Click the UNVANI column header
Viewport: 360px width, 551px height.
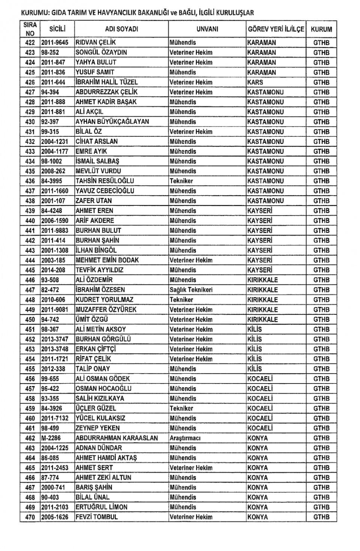tap(207, 29)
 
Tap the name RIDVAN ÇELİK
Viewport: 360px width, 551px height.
tap(96, 43)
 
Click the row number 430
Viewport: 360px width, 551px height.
tap(30, 122)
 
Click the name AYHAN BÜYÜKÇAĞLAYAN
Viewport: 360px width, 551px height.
tap(112, 122)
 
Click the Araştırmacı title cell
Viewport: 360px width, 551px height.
tap(185, 438)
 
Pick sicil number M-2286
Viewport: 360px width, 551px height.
tap(51, 438)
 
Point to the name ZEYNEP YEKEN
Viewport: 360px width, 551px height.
tap(97, 428)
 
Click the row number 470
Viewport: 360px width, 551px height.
tap(30, 517)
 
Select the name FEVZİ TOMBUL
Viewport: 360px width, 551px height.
tap(97, 517)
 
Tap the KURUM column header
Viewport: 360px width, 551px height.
tap(321, 29)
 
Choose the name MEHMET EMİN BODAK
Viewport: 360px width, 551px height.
tap(107, 260)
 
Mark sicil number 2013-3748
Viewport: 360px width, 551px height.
tap(55, 349)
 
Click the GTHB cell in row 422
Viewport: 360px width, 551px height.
tap(321, 43)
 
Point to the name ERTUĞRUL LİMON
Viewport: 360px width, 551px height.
tap(101, 507)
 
